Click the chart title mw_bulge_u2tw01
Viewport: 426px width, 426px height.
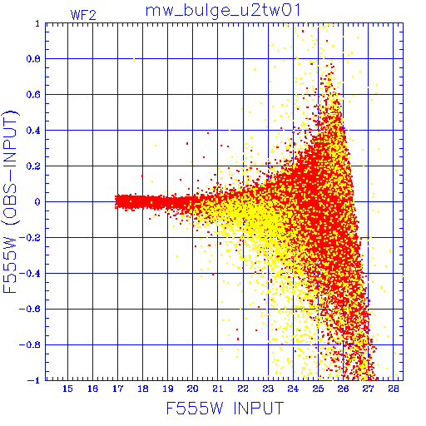tap(223, 11)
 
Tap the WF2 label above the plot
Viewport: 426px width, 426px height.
tap(83, 15)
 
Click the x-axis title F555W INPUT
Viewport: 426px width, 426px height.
tap(225, 408)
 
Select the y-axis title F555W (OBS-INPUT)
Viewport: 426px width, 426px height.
tap(11, 201)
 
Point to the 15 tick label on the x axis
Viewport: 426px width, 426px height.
tap(67, 389)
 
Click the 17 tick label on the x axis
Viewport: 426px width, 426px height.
tap(117, 389)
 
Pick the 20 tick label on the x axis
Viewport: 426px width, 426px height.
tap(192, 389)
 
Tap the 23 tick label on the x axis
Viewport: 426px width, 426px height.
tap(268, 389)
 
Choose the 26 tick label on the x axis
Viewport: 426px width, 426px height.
tap(343, 389)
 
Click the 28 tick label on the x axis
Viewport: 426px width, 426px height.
tap(394, 389)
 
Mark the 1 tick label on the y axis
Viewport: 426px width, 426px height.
tap(37, 23)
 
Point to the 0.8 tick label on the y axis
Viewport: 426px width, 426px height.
tap(33, 59)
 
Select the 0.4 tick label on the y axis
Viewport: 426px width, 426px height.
tap(33, 131)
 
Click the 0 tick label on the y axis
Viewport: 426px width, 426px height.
tap(37, 202)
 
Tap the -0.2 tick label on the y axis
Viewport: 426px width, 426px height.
tap(30, 238)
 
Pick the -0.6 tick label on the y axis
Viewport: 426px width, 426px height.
tap(30, 309)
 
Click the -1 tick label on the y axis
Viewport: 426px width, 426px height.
tap(34, 380)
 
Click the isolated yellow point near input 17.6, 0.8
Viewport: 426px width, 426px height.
tap(134, 59)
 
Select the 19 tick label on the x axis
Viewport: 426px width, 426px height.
tap(168, 389)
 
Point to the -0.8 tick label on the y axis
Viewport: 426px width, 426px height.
tap(30, 344)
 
